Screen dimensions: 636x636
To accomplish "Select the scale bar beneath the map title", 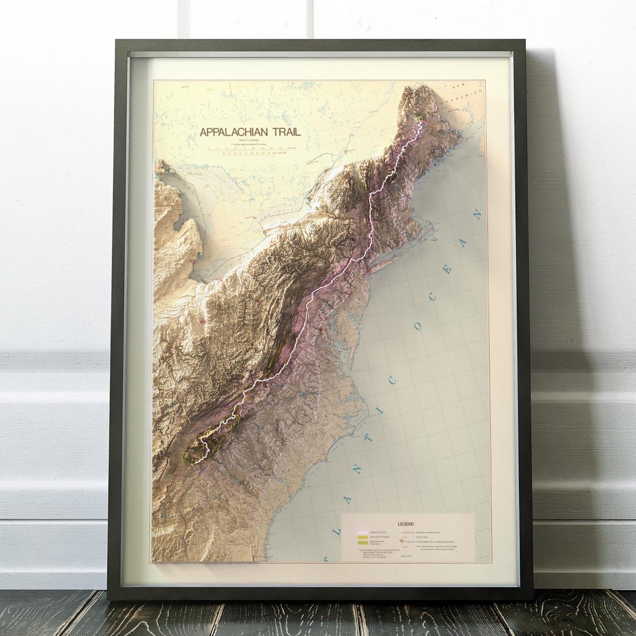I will [250, 150].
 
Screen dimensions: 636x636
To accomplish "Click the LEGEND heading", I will [406, 524].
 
